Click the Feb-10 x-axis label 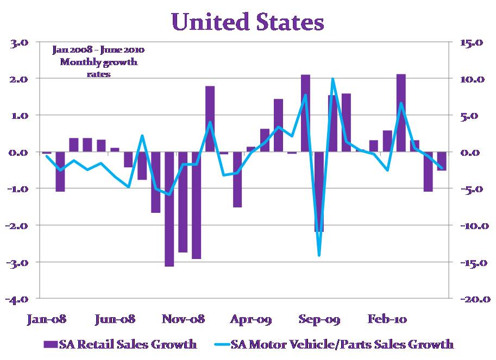tap(387, 319)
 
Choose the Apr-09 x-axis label tap(250, 319)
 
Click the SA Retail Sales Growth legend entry tap(120, 344)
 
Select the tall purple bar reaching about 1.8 tap(210, 119)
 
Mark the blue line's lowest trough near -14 tap(319, 255)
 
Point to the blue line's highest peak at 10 tap(332, 79)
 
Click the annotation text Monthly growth tap(98, 62)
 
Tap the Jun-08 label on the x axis tap(115, 319)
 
